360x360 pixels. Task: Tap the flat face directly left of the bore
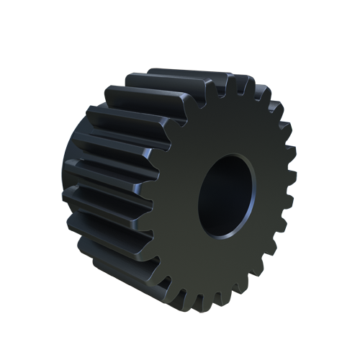coord(180,202)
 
